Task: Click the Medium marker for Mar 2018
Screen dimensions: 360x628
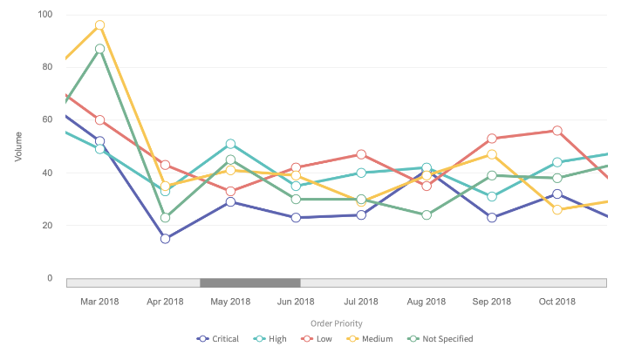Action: click(x=99, y=25)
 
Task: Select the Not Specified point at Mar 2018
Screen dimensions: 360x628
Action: click(x=99, y=49)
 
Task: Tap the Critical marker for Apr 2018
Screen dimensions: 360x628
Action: click(x=165, y=239)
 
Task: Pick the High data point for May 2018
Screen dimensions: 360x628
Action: click(x=230, y=144)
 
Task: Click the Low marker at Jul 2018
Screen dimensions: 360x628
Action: click(x=361, y=154)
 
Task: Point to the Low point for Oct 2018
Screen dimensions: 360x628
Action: click(x=557, y=131)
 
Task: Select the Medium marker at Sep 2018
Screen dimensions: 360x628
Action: click(x=492, y=154)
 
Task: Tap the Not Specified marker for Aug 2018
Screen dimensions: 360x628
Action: click(x=427, y=214)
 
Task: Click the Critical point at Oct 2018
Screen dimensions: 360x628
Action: click(x=557, y=194)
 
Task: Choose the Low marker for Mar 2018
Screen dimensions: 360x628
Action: click(x=99, y=120)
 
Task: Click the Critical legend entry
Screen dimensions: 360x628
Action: click(x=222, y=339)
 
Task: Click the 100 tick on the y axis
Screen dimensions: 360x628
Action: click(x=44, y=15)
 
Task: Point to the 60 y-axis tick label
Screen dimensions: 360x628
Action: click(x=46, y=120)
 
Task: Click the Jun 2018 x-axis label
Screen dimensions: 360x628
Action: click(x=296, y=302)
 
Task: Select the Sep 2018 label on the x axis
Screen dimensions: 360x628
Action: click(x=492, y=302)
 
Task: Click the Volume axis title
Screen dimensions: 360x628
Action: click(x=18, y=146)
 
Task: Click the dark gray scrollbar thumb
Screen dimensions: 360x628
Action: click(x=250, y=282)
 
